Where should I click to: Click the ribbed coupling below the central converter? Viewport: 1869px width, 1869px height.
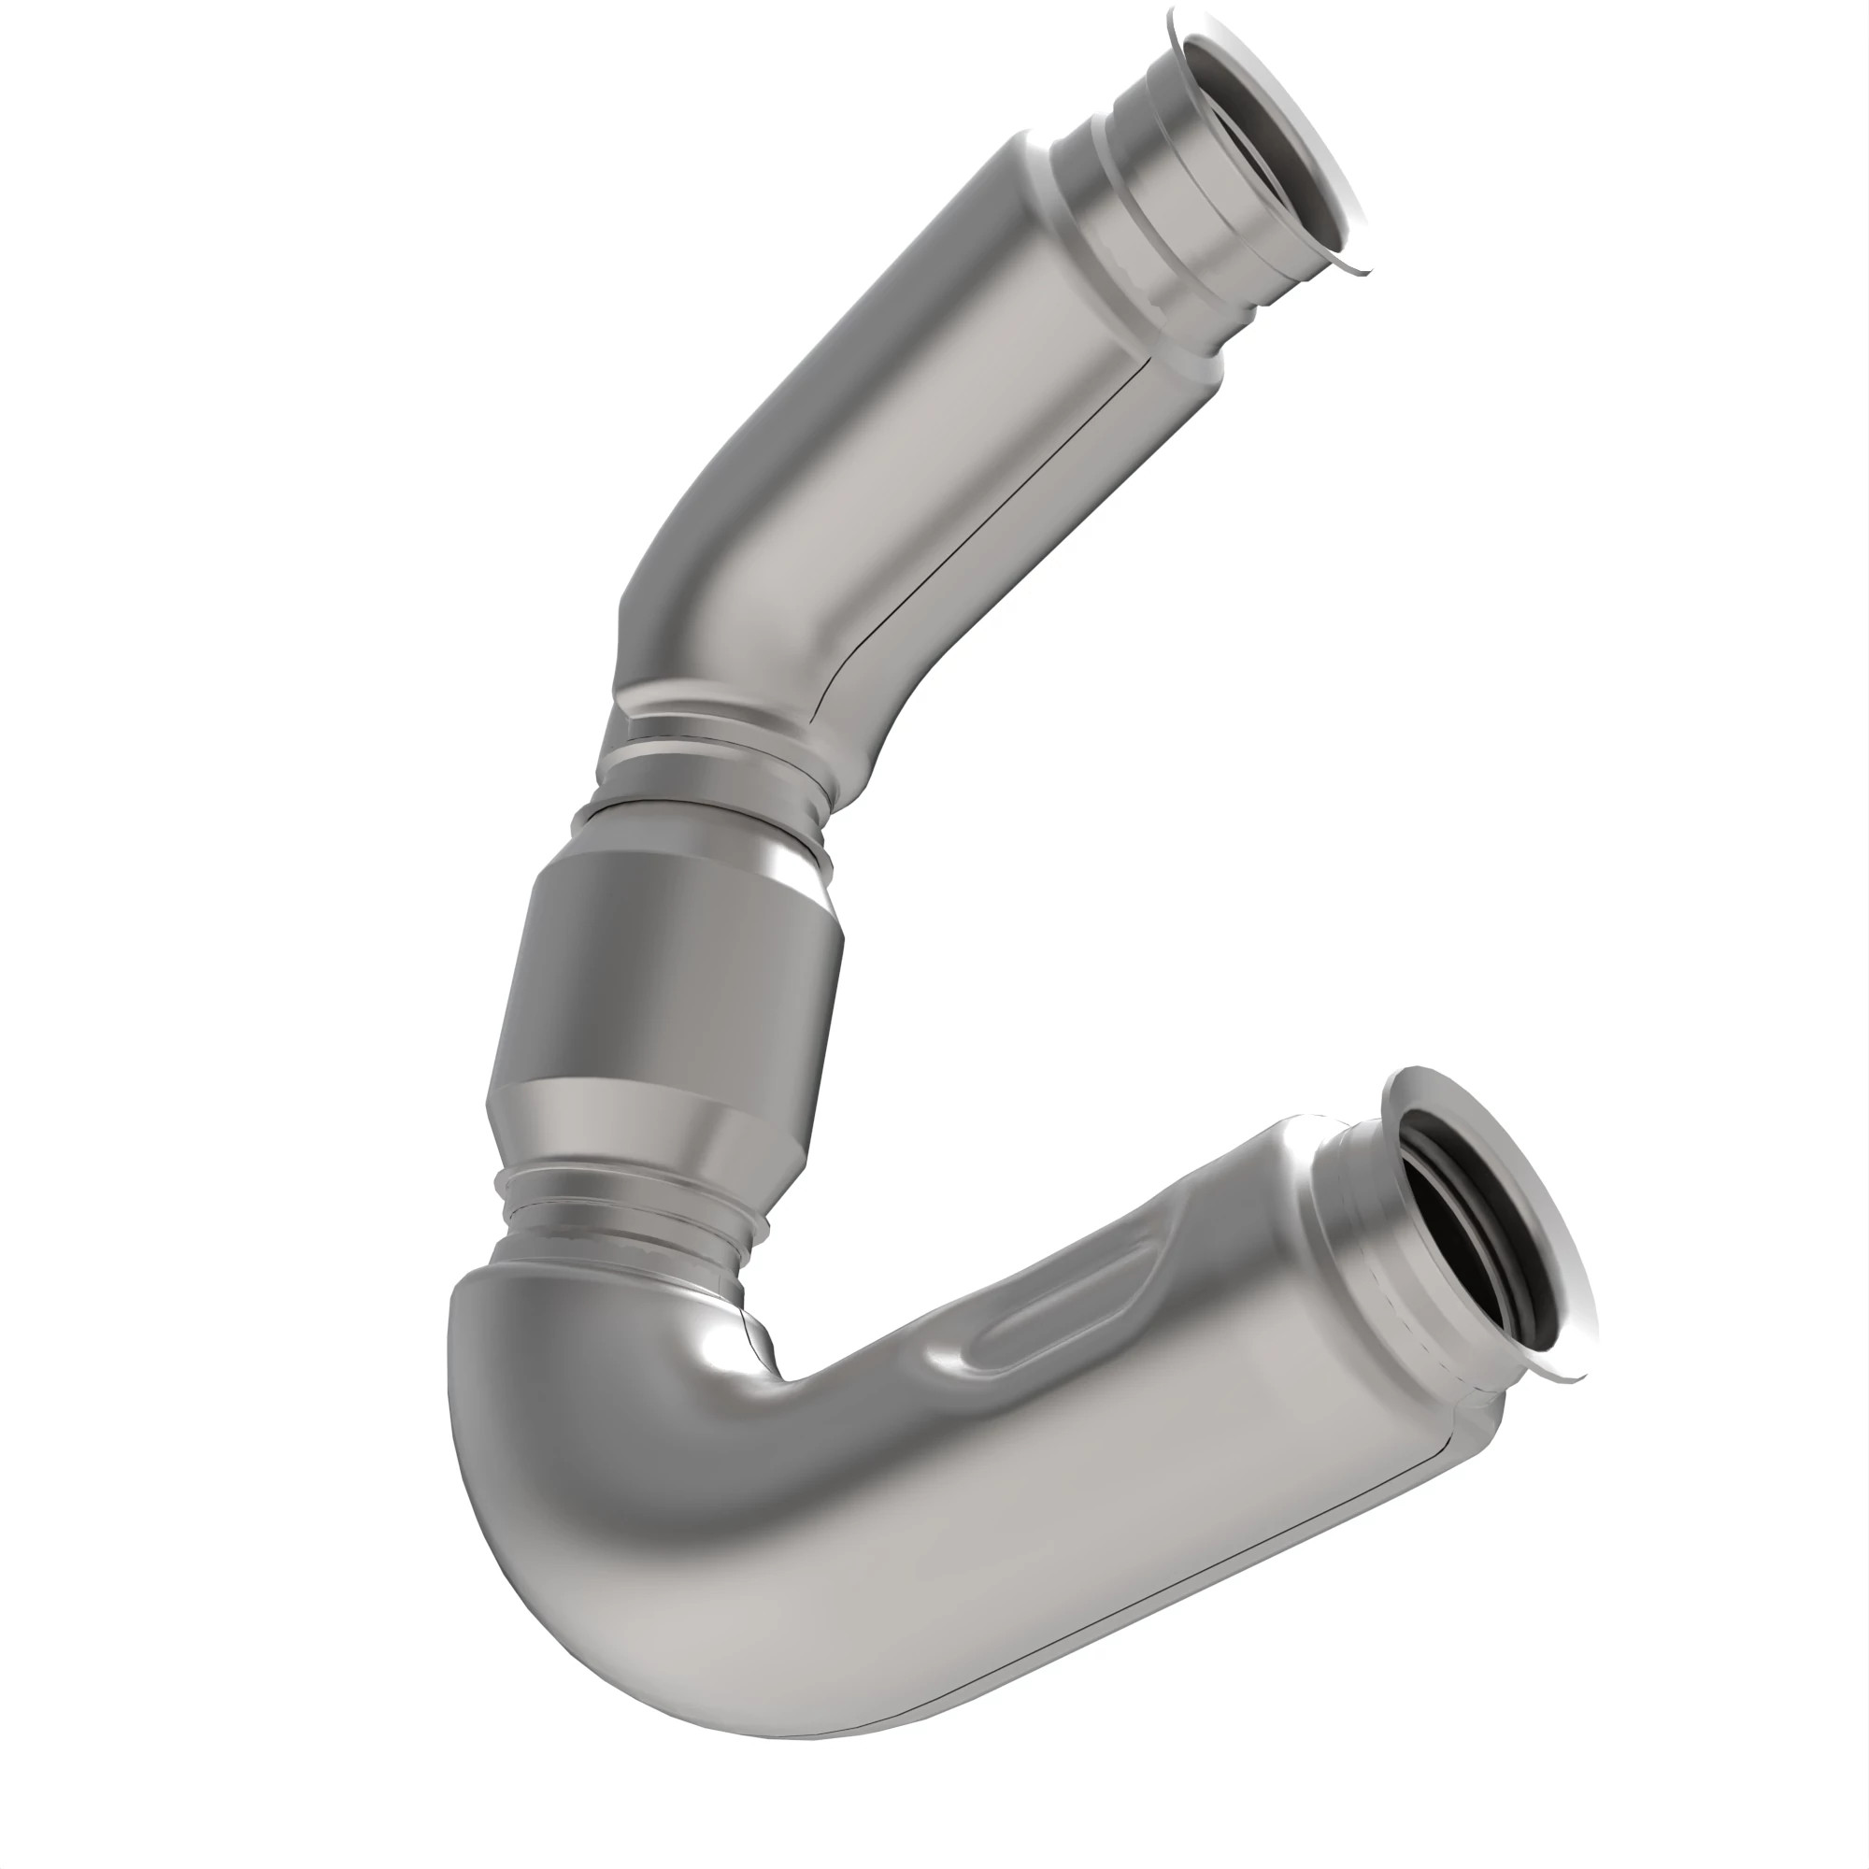[620, 1209]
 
